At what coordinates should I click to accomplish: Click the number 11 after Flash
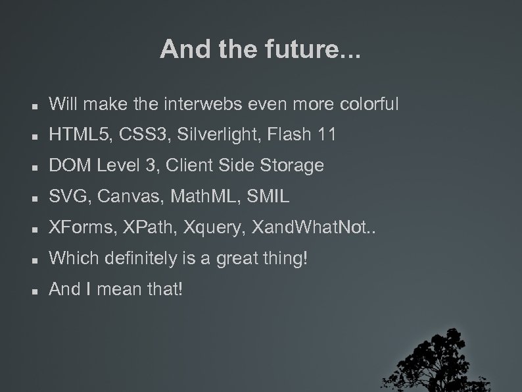(326, 135)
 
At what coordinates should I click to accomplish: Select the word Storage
(293, 165)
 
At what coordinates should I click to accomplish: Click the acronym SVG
(65, 196)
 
